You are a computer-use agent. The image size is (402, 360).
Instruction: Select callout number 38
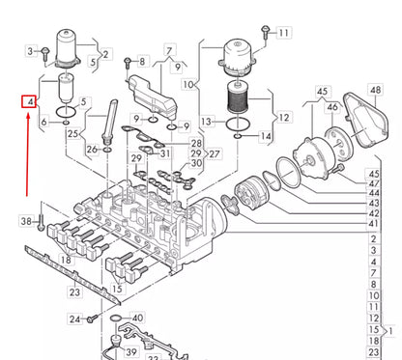[x=26, y=222]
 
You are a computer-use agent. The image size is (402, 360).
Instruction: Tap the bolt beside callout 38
[x=42, y=224]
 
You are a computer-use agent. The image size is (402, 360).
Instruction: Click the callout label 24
[x=74, y=318]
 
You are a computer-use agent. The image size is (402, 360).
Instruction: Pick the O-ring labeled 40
[x=116, y=318]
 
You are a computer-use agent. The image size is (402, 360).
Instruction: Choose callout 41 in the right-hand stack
[x=374, y=223]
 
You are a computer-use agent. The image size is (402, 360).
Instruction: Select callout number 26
[x=92, y=150]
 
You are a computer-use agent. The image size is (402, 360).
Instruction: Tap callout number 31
[x=165, y=154]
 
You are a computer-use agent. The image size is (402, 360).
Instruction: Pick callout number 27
[x=215, y=153]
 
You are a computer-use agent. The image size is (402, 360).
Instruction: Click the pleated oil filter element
[x=238, y=99]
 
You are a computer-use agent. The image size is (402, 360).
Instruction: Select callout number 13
[x=206, y=122]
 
